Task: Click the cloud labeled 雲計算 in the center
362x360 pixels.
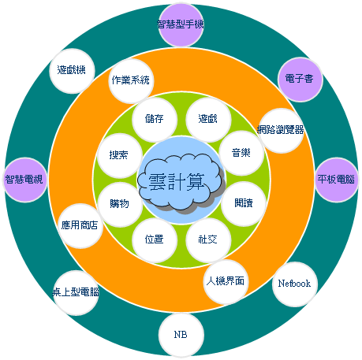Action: (x=181, y=182)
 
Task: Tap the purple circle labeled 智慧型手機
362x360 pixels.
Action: (x=181, y=24)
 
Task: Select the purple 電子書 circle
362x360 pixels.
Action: (x=300, y=80)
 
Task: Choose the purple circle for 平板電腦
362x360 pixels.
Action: (x=337, y=180)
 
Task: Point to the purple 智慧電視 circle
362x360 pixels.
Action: (x=25, y=180)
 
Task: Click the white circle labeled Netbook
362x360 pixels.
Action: (x=295, y=284)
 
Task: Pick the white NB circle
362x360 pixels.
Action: (x=181, y=335)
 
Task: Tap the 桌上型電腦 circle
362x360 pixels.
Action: (x=76, y=293)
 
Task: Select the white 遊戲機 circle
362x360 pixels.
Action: (x=72, y=71)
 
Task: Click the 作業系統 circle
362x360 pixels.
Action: (x=131, y=81)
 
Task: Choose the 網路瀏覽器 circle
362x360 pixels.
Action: (x=281, y=131)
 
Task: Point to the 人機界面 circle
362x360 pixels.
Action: (x=226, y=282)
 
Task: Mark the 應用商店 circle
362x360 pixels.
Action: (x=80, y=226)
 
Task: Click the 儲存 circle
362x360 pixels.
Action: (x=155, y=120)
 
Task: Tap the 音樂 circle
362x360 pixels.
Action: (x=241, y=153)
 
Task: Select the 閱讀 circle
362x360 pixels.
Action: (x=244, y=204)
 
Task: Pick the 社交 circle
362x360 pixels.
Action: (x=208, y=240)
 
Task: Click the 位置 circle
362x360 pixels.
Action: (x=155, y=240)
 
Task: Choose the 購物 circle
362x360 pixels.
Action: (x=120, y=204)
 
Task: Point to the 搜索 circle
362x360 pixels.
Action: (x=120, y=155)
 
